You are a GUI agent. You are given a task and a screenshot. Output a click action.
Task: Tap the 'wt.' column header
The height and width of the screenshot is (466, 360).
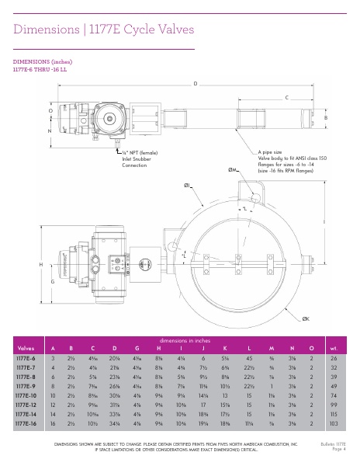(x=334, y=348)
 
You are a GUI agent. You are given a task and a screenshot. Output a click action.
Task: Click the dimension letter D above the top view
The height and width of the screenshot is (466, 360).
(x=195, y=82)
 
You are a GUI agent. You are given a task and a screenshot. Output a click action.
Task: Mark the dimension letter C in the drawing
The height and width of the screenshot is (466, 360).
(x=286, y=97)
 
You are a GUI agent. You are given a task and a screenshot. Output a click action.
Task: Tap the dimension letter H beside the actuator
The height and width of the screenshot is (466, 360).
(x=40, y=265)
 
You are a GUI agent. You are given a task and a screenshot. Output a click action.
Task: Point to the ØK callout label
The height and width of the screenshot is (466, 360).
(x=306, y=319)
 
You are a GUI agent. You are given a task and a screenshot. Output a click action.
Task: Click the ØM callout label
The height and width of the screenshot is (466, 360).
(x=232, y=169)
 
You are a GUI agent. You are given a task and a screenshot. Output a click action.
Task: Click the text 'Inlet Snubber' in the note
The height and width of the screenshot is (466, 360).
(x=136, y=160)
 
